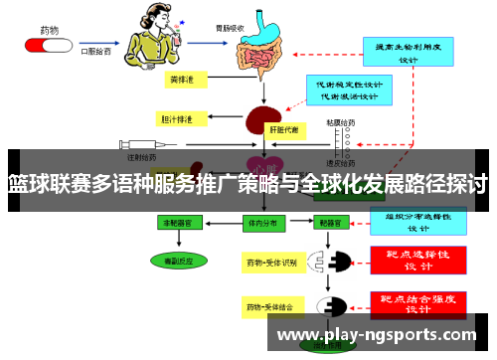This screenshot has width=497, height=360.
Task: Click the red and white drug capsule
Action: (x=48, y=46)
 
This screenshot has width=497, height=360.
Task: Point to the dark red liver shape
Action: (x=264, y=120)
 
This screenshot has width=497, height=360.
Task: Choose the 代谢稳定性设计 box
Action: (x=345, y=90)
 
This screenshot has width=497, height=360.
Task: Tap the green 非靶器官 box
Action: (x=180, y=224)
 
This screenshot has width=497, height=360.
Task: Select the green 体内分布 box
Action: (x=260, y=224)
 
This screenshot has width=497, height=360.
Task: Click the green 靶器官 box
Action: (x=330, y=224)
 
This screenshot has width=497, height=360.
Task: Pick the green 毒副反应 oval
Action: (x=180, y=262)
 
